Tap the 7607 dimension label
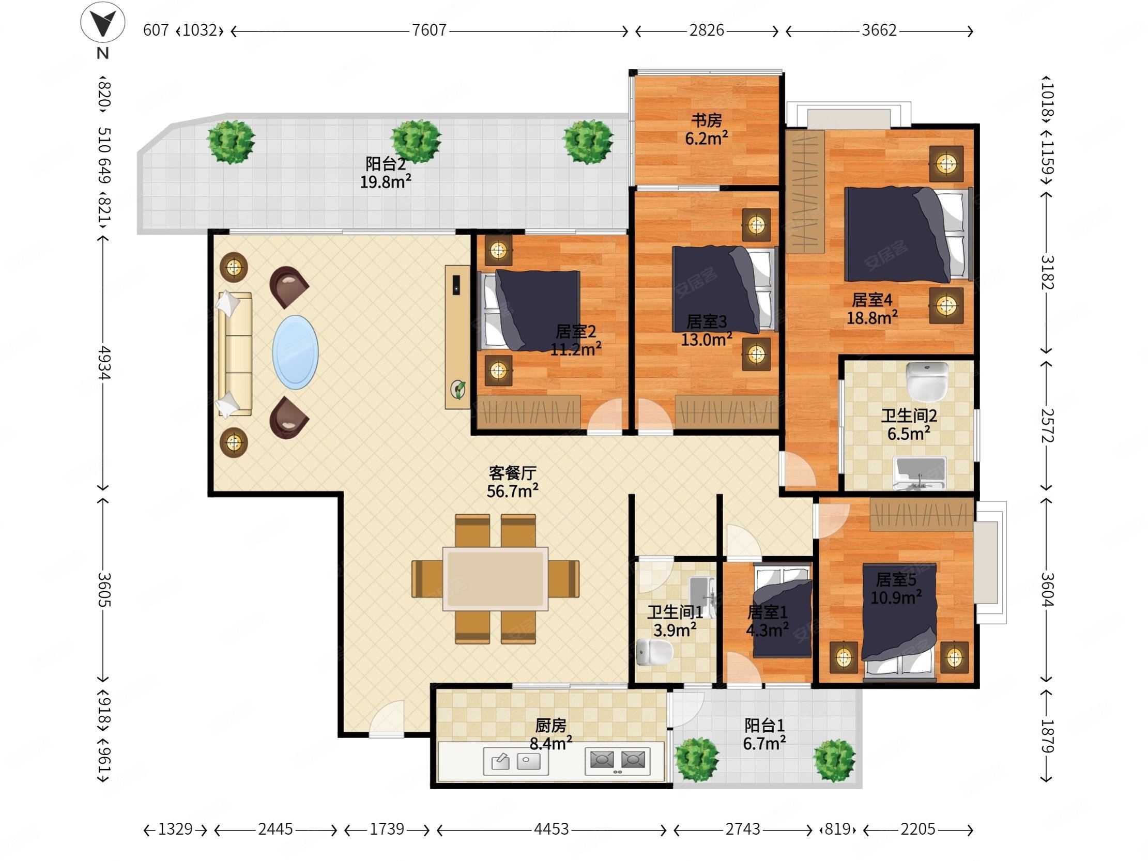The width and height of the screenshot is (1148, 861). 429,30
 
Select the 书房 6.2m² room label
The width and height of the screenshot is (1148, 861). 707,129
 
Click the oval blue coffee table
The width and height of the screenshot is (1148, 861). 295,352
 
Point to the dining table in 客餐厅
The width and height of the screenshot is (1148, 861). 496,578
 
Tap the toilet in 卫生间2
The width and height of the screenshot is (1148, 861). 927,381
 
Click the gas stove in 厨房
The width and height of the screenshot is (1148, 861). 618,761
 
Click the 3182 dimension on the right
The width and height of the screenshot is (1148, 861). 1047,272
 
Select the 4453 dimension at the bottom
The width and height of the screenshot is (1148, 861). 551,829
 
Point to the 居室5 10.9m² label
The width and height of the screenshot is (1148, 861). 896,589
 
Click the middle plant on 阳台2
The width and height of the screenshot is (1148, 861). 416,141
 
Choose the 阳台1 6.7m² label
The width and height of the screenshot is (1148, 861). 764,734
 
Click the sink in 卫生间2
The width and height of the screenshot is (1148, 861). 920,473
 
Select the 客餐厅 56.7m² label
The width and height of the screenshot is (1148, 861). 512,482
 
